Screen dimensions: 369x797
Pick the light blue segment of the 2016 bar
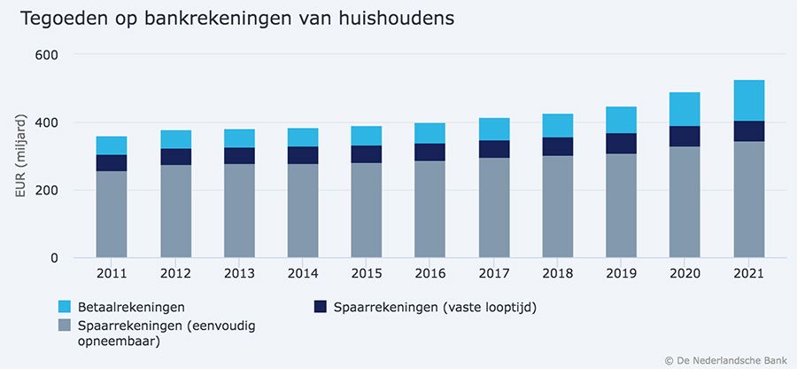430,133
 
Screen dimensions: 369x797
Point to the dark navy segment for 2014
304,155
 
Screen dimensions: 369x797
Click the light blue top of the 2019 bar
621,120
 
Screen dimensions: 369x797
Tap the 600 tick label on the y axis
47,55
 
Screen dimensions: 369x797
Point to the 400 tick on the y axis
47,122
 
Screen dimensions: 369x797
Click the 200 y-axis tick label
47,191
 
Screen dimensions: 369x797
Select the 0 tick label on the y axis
54,258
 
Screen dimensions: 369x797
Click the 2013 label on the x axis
239,273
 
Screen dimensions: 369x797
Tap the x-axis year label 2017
494,273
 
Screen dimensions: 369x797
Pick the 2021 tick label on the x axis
749,273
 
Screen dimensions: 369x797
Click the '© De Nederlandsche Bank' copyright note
726,359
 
